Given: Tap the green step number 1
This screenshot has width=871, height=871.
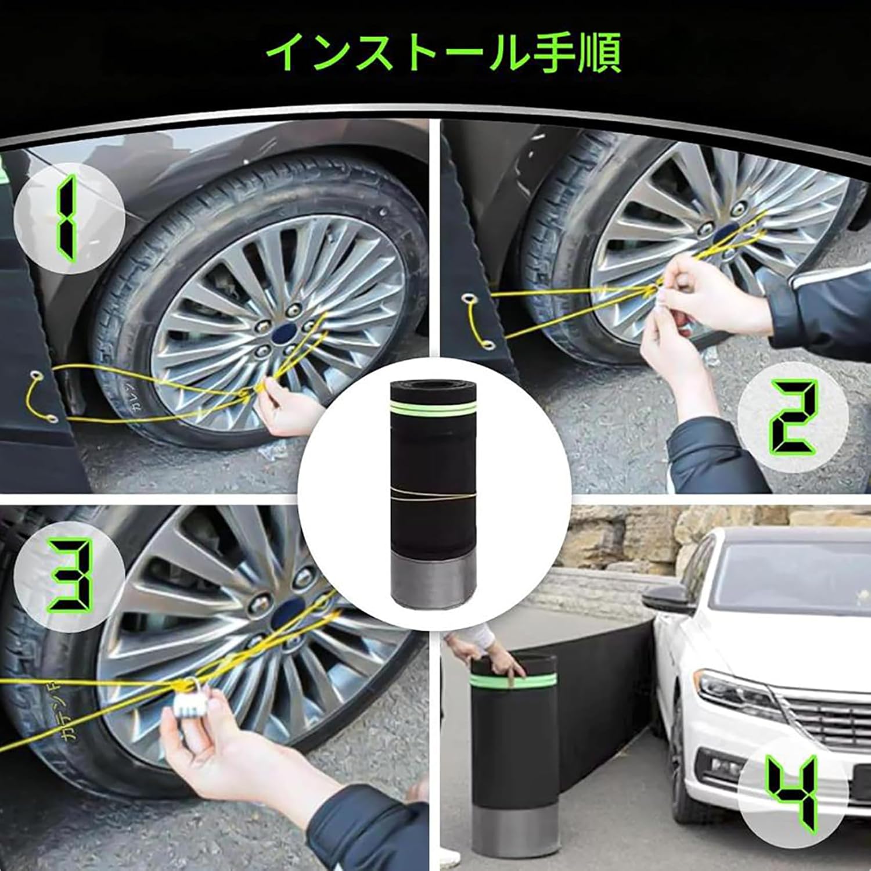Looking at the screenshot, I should (x=67, y=217).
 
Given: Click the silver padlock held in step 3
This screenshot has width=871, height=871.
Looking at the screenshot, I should (x=190, y=704).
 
